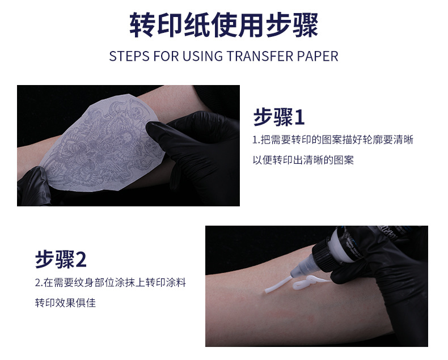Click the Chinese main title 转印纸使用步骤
click(x=223, y=25)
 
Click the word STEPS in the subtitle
click(x=129, y=56)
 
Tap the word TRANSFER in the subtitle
click(x=260, y=56)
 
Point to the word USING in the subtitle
click(x=202, y=56)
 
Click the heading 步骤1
click(x=279, y=117)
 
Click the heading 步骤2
click(x=61, y=259)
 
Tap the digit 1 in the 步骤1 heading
click(x=299, y=117)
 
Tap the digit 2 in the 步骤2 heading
click(x=81, y=260)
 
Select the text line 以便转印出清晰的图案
click(x=303, y=160)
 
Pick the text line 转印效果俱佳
click(x=65, y=303)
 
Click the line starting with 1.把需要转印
click(x=333, y=139)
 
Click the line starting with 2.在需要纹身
click(x=111, y=282)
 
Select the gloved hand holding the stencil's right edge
click(x=197, y=154)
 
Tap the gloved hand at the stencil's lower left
click(x=33, y=187)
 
